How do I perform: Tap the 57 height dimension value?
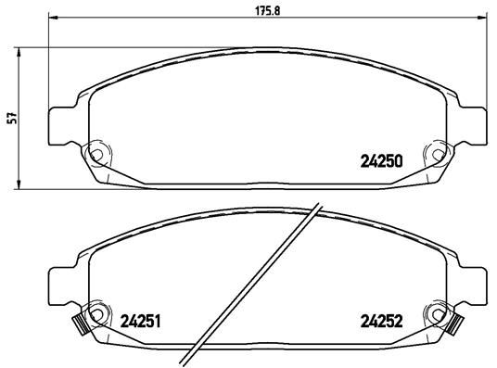(x=9, y=119)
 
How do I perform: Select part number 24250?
(x=380, y=160)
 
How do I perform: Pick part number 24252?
(x=380, y=323)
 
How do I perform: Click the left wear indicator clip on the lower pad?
(x=79, y=324)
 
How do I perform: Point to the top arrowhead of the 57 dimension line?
(x=21, y=50)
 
